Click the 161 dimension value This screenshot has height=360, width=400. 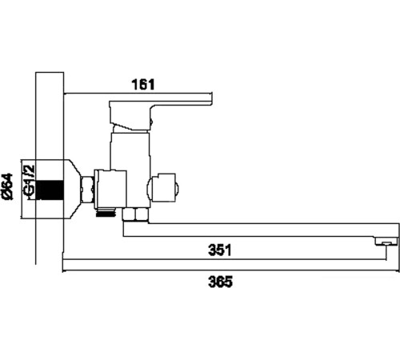pos(142,83)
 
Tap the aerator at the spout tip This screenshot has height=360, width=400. pos(386,241)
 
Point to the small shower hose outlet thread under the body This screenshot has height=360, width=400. pos(105,213)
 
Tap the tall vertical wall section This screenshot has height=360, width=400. pos(50,120)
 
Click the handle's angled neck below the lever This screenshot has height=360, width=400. pos(132,125)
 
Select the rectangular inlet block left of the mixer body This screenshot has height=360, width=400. pos(113,188)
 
